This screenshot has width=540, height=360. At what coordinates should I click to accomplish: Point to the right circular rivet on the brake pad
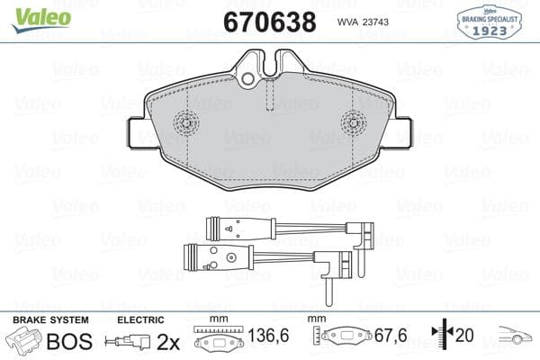point(352,122)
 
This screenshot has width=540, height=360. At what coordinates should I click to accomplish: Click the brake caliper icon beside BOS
point(24,342)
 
